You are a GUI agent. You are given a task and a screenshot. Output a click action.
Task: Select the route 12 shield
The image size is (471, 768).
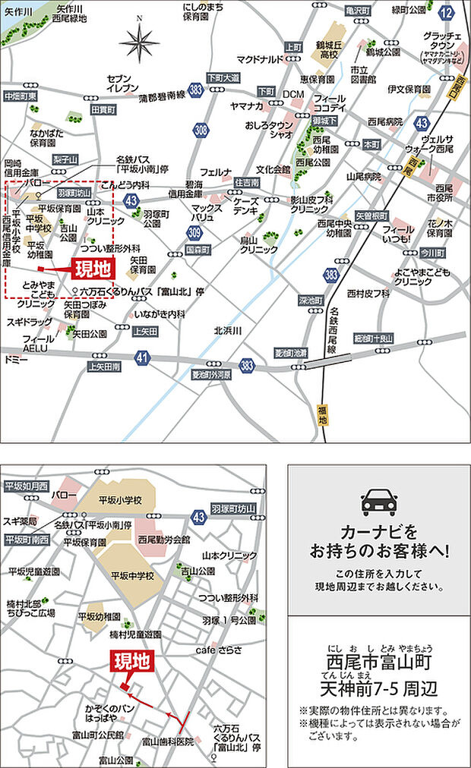tap(447, 12)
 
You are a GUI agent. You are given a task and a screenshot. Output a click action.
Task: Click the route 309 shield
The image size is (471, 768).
tap(195, 231)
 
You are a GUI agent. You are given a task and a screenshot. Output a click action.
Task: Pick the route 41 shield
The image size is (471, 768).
tap(143, 357)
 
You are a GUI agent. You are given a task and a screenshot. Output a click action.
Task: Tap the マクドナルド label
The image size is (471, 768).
tap(260, 58)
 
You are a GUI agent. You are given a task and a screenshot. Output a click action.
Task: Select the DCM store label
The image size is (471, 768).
tap(293, 94)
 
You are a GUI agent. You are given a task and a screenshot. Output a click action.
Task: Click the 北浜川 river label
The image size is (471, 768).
tap(227, 330)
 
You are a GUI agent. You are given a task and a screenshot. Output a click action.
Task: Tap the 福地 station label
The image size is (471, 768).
tap(323, 414)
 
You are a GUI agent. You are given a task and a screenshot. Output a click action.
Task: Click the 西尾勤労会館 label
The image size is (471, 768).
tap(164, 540)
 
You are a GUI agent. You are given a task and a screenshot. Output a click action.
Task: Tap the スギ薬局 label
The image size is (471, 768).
tap(21, 521)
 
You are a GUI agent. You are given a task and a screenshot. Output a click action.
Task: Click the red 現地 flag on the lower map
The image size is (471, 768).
tap(132, 663)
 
